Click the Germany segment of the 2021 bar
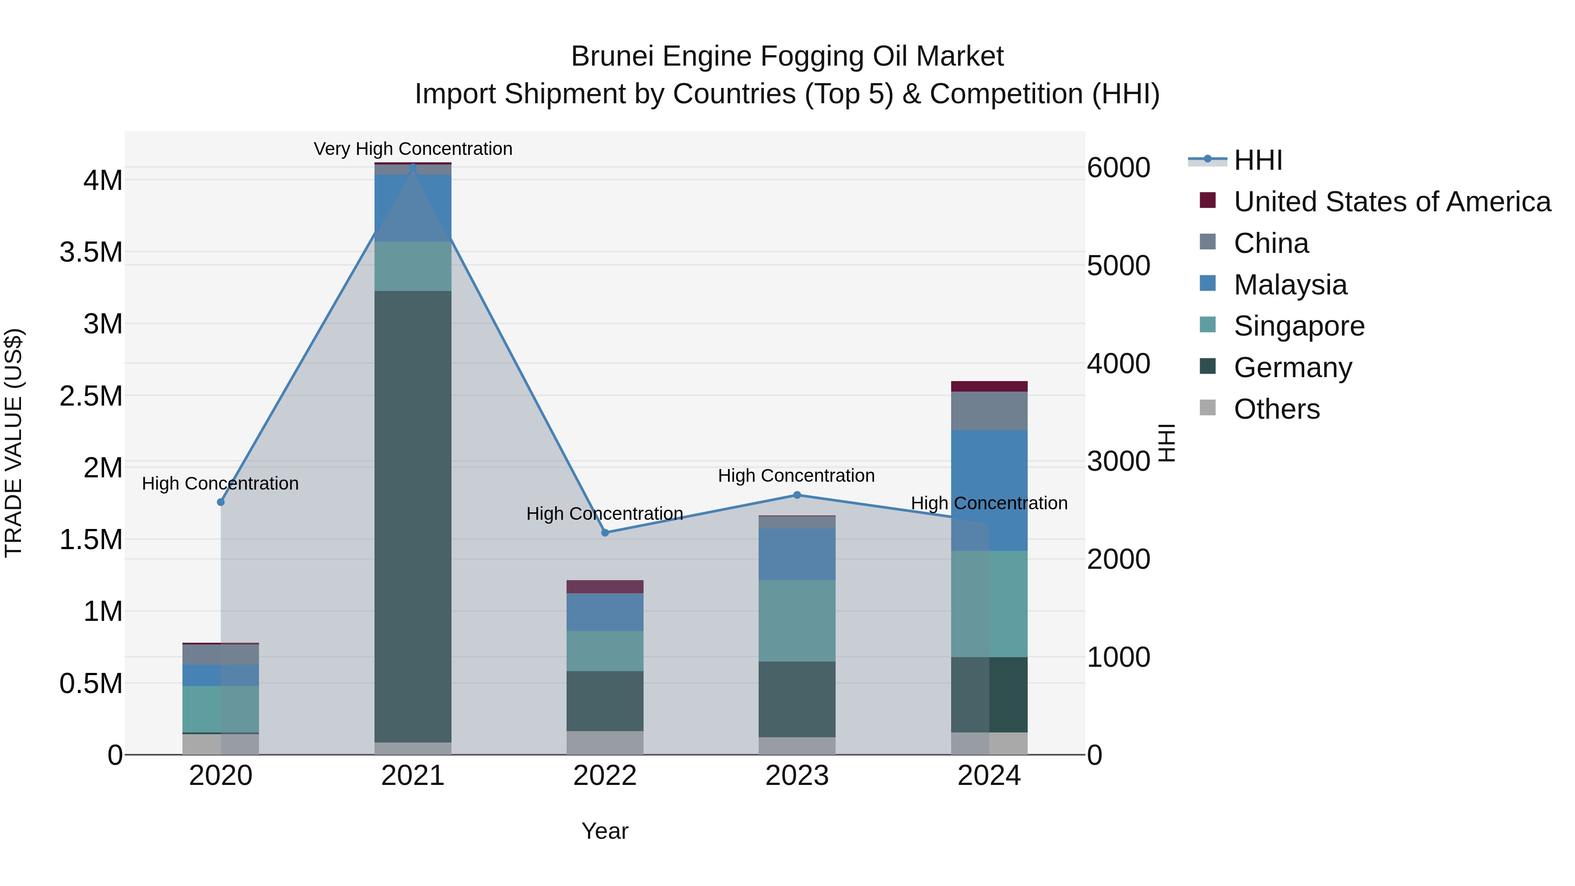pyautogui.click(x=413, y=517)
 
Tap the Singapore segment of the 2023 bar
pyautogui.click(x=797, y=620)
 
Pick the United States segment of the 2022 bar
pyautogui.click(x=605, y=586)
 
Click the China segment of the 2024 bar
pyautogui.click(x=989, y=411)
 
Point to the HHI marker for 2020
pyautogui.click(x=221, y=502)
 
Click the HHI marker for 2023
pyautogui.click(x=797, y=495)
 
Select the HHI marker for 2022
pyautogui.click(x=605, y=532)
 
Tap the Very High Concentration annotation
pyautogui.click(x=413, y=149)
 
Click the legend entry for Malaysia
pyautogui.click(x=1290, y=285)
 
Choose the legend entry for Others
pyautogui.click(x=1276, y=409)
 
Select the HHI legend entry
pyautogui.click(x=1258, y=160)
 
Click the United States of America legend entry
pyautogui.click(x=1392, y=202)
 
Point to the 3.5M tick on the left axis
pyautogui.click(x=91, y=252)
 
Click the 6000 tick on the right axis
pyautogui.click(x=1118, y=168)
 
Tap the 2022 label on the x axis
pyautogui.click(x=605, y=776)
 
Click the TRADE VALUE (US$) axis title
pyautogui.click(x=14, y=443)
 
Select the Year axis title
pyautogui.click(x=605, y=831)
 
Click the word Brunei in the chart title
pyautogui.click(x=612, y=56)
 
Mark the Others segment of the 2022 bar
pyautogui.click(x=605, y=742)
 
